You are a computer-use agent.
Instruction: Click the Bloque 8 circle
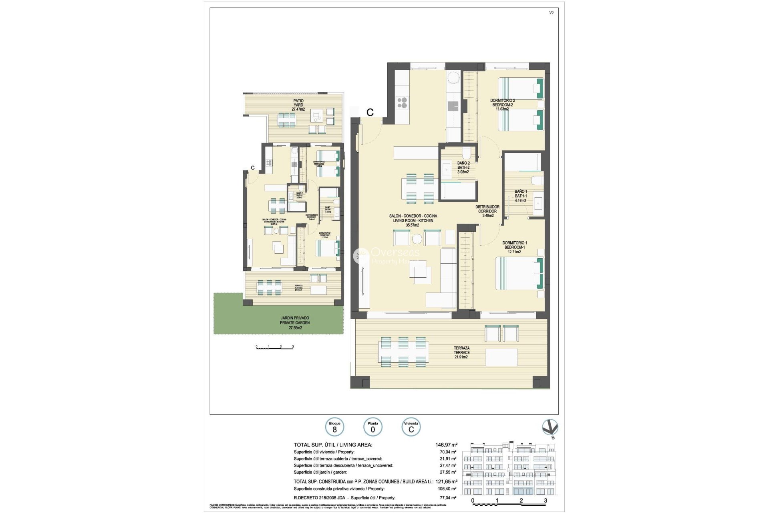tap(334, 427)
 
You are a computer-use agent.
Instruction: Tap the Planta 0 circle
tap(372, 427)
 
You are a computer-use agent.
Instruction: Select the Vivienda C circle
tap(411, 427)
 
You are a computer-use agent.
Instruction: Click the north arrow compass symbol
tap(550, 428)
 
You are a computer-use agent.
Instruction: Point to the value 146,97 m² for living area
tap(446, 444)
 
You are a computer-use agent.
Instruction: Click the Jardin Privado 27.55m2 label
tap(295, 323)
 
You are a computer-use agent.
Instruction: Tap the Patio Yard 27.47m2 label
tap(298, 105)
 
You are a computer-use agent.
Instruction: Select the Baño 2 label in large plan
tap(463, 168)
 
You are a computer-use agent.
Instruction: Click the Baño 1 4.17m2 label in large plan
tap(521, 196)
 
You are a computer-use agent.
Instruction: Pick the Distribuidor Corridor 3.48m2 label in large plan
tap(487, 211)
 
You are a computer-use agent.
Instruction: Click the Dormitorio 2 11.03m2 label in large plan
tap(502, 105)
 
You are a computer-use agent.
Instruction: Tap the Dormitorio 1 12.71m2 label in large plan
tap(514, 247)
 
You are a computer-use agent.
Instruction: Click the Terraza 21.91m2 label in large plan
tap(461, 352)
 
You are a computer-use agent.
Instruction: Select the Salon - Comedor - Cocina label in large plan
tap(413, 220)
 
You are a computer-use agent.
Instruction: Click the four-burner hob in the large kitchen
tap(402, 103)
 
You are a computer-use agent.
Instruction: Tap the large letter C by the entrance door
tap(370, 113)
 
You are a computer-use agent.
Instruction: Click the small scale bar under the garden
tap(275, 347)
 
